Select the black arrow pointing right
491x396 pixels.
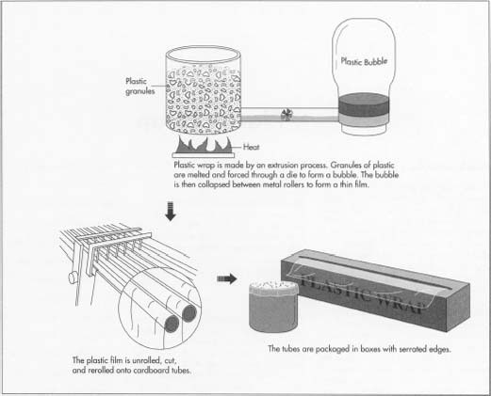(x=227, y=278)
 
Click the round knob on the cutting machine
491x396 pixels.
(x=72, y=278)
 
